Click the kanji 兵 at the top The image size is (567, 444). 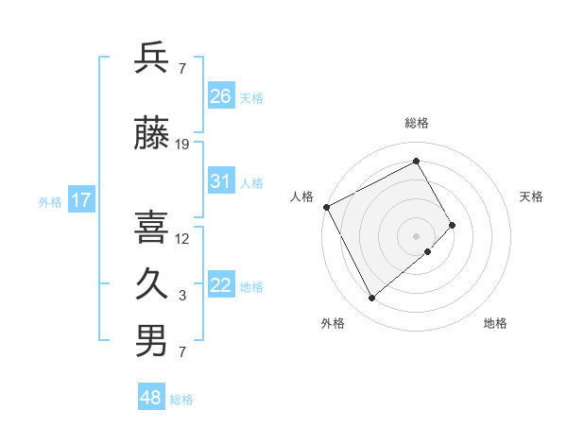pyautogui.click(x=152, y=59)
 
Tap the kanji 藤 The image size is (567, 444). pyautogui.click(x=152, y=134)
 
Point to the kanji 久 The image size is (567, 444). pyautogui.click(x=152, y=284)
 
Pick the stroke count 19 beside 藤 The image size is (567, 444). pyautogui.click(x=182, y=145)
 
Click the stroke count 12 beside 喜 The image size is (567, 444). pyautogui.click(x=182, y=238)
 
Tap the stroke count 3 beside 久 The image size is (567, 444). pyautogui.click(x=182, y=296)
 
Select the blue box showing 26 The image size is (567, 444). pyautogui.click(x=221, y=95)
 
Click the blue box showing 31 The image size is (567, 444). pyautogui.click(x=221, y=181)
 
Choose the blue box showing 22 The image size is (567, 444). pyautogui.click(x=221, y=285)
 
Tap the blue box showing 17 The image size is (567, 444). pyautogui.click(x=80, y=200)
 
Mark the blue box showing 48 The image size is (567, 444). pyautogui.click(x=151, y=398)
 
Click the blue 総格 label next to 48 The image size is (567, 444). pyautogui.click(x=181, y=400)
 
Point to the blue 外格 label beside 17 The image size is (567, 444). pyautogui.click(x=50, y=201)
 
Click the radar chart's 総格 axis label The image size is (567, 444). pyautogui.click(x=416, y=123)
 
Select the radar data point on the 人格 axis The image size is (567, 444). pyautogui.click(x=326, y=207)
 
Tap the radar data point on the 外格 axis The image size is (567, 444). pyautogui.click(x=371, y=298)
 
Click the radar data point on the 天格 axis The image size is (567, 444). pyautogui.click(x=453, y=225)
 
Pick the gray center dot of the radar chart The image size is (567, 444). pyautogui.click(x=416, y=235)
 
